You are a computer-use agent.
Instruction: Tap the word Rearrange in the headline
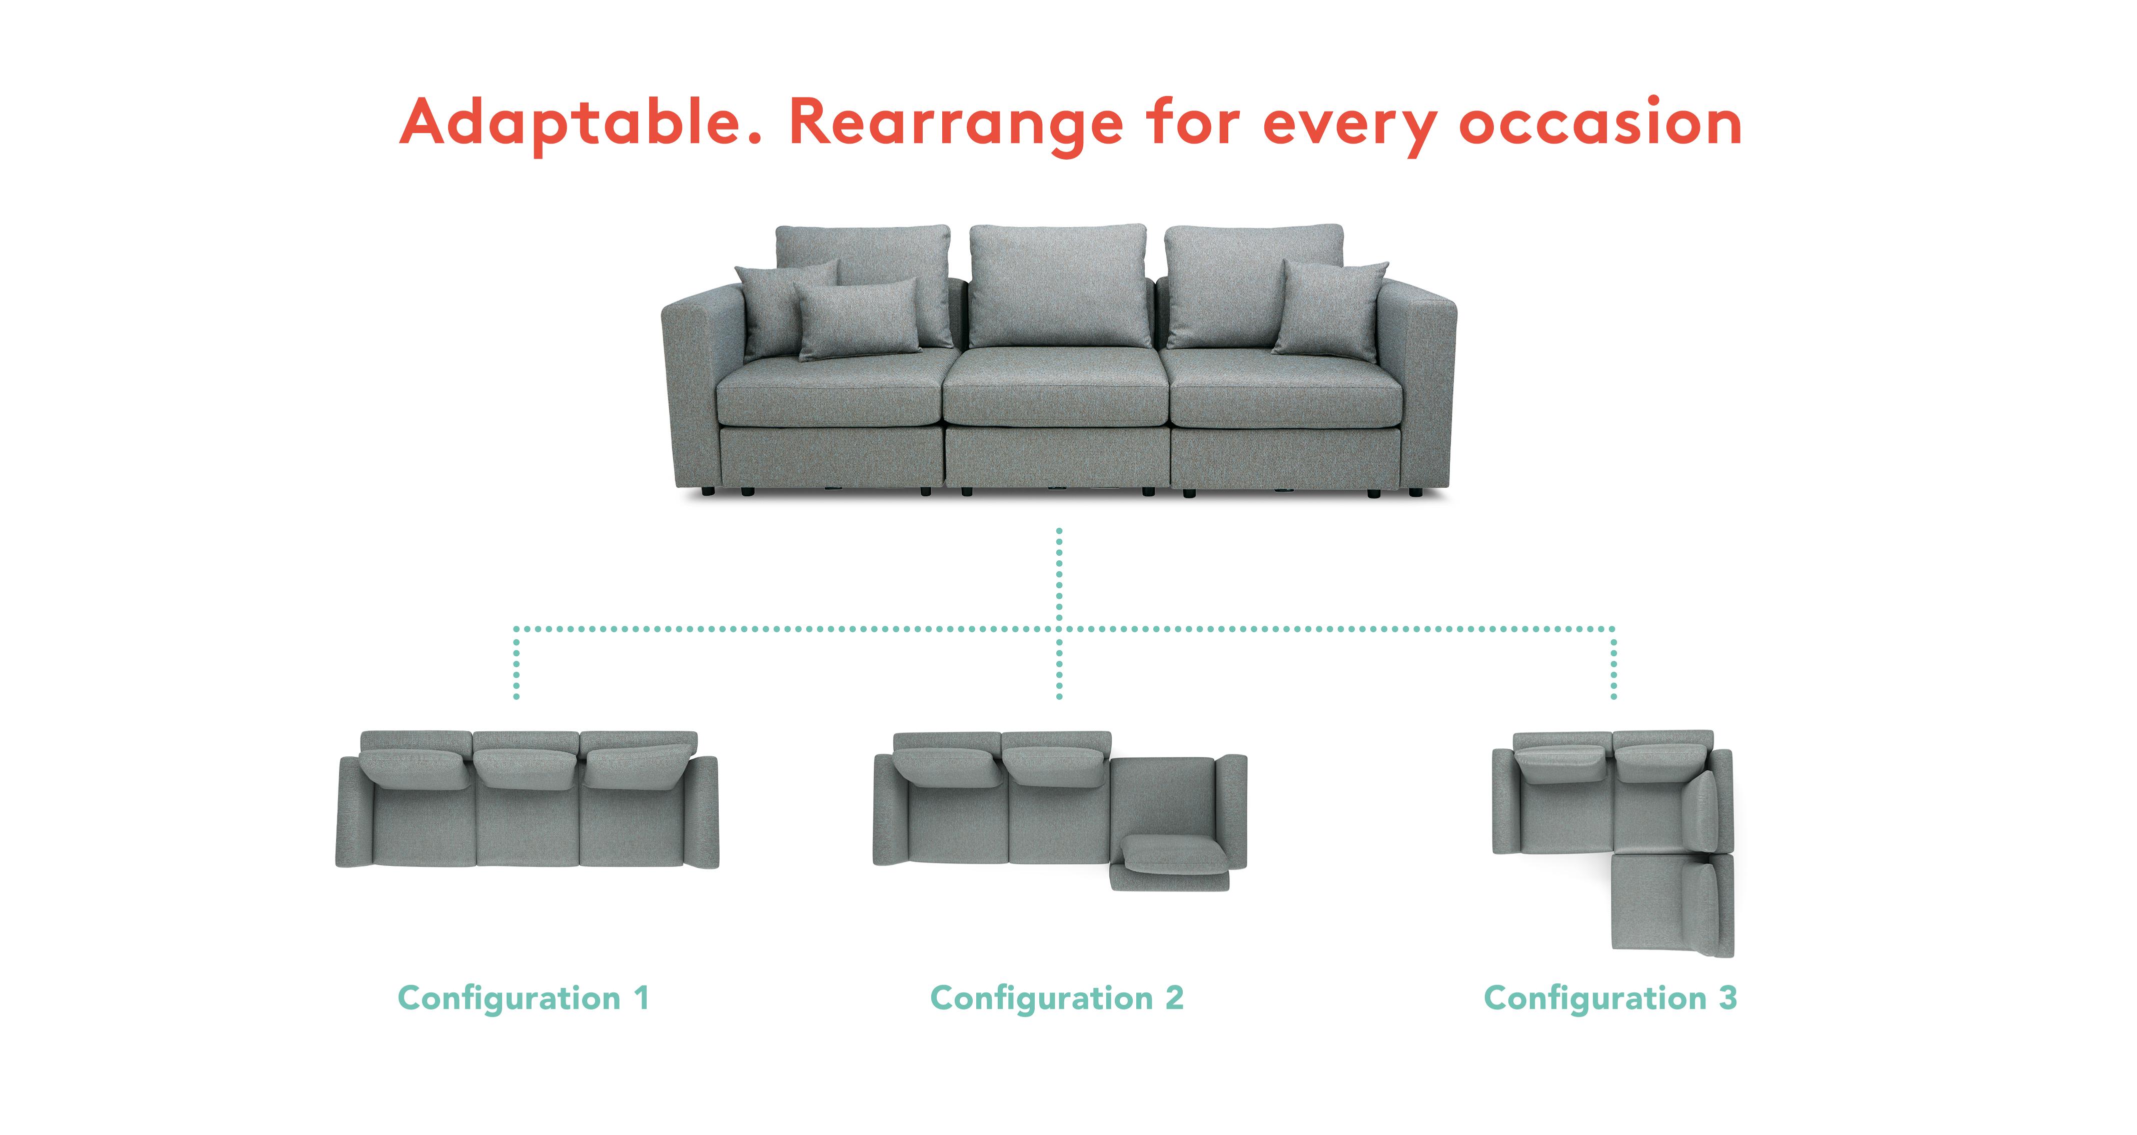(956, 125)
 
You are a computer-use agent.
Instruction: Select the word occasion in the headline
(1600, 123)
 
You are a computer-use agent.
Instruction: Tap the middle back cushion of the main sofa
(1059, 286)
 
